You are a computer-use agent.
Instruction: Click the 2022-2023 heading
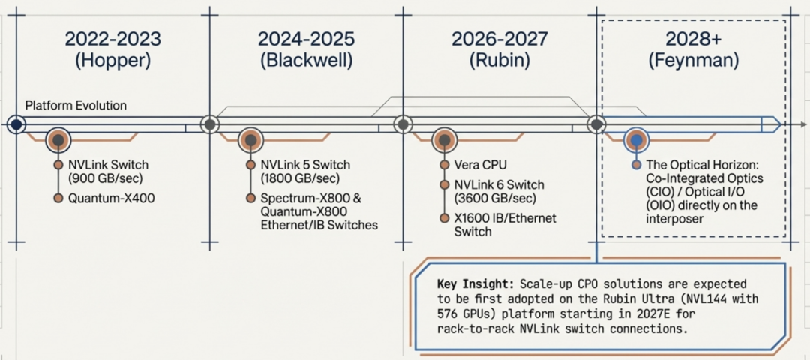click(x=112, y=39)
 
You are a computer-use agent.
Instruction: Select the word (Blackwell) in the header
click(x=306, y=61)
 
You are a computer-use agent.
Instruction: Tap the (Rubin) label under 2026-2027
click(x=499, y=61)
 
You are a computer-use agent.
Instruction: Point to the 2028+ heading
click(x=693, y=39)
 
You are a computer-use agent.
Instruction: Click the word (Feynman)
click(x=693, y=61)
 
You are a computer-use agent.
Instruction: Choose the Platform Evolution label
click(x=76, y=105)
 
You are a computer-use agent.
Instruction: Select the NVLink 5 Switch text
click(x=305, y=165)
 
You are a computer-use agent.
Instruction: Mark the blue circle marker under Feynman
click(x=636, y=140)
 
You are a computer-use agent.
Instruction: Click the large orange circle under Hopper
click(x=58, y=140)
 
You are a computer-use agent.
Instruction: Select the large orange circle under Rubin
click(x=444, y=140)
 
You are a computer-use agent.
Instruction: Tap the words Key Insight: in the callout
click(x=473, y=285)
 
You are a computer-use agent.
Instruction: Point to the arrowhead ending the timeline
click(x=776, y=124)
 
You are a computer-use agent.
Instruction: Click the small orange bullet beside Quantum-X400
click(x=58, y=199)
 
